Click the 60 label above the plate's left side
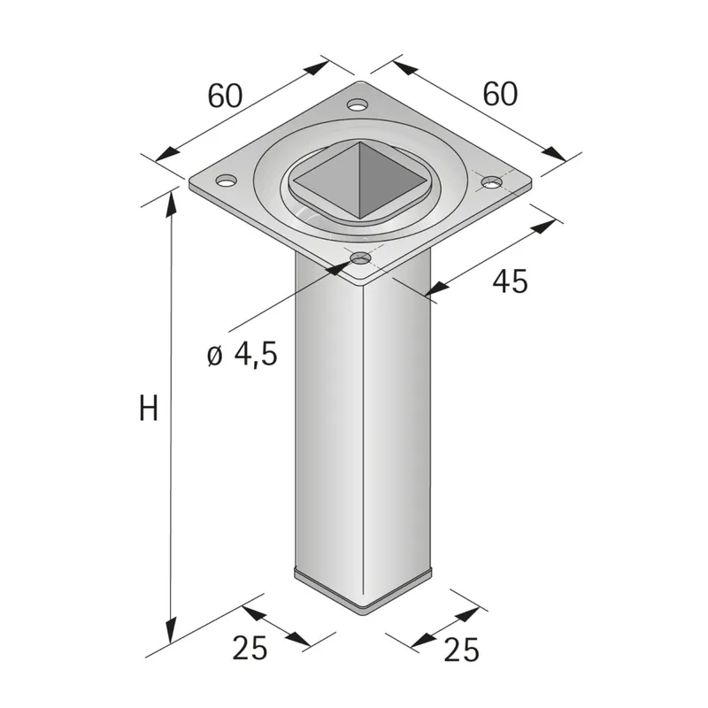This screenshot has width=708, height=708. tap(225, 95)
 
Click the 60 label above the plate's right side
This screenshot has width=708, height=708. tap(500, 93)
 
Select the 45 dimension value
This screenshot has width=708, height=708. tap(510, 281)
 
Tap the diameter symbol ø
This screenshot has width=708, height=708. tap(213, 356)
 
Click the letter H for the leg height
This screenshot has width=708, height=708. tap(149, 409)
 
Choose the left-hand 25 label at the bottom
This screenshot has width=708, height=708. tap(250, 649)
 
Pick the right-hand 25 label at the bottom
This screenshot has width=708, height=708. tap(460, 650)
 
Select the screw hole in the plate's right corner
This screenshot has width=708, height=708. tap(491, 182)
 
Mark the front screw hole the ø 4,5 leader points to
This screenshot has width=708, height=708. tap(360, 258)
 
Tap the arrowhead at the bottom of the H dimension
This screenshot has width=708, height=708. tap(168, 635)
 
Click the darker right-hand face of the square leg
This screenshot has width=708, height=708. tap(398, 425)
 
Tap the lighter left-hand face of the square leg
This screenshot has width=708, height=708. tap(327, 425)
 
